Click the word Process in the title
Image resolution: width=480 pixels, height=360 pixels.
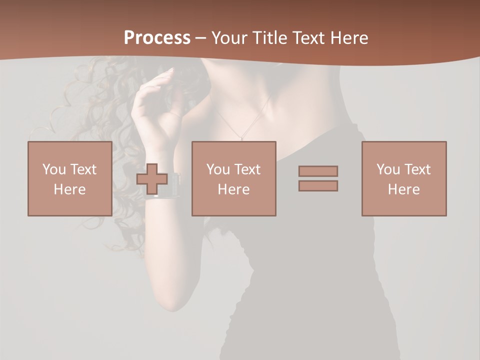pos(157,38)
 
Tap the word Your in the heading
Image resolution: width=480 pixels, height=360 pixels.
pos(230,38)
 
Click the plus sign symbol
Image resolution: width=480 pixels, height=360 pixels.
pos(152,179)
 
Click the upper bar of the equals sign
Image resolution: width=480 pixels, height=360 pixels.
pos(318,171)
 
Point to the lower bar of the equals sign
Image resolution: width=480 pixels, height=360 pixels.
pos(318,185)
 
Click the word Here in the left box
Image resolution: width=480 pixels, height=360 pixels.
pos(69,189)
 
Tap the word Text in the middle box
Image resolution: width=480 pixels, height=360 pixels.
pos(247,169)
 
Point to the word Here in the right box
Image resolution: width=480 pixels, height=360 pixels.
pos(403,189)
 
